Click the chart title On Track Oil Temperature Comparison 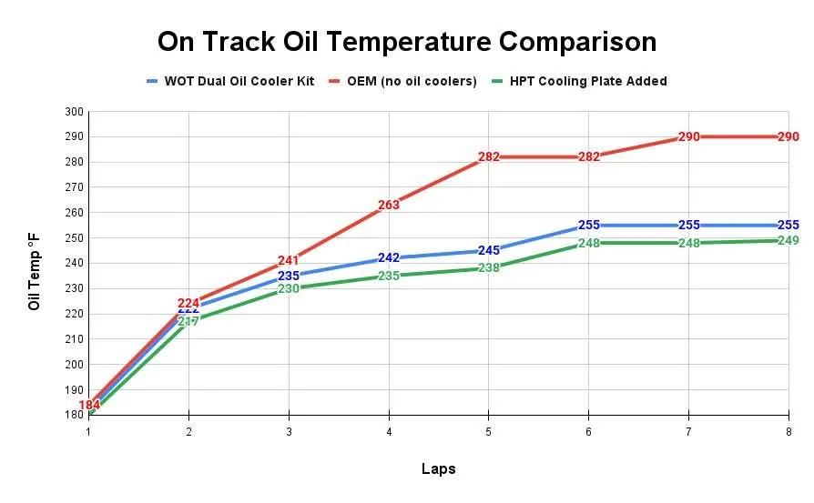[x=406, y=42]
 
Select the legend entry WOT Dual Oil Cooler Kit [x=239, y=81]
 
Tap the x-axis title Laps [x=438, y=469]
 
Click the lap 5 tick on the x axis [x=489, y=432]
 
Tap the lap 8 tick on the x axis [x=789, y=432]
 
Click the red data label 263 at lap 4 [x=389, y=206]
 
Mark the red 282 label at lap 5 [x=489, y=157]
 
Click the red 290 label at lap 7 [x=689, y=137]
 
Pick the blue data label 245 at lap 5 [x=489, y=251]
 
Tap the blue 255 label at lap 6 [x=589, y=226]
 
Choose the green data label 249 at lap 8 [x=789, y=241]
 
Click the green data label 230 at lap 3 [x=289, y=288]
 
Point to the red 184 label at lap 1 [x=89, y=405]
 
